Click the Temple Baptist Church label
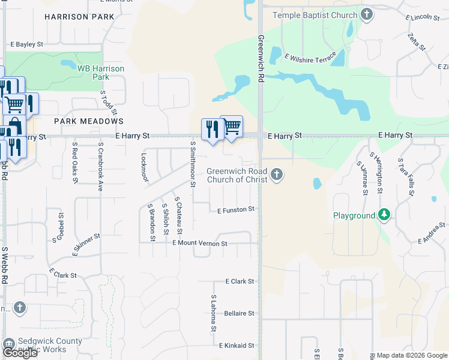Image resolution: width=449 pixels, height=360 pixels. (x=315, y=15)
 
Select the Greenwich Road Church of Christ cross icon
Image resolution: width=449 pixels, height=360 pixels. (x=277, y=175)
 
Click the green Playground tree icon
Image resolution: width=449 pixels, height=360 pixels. (x=384, y=215)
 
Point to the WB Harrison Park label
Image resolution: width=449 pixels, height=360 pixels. (x=101, y=73)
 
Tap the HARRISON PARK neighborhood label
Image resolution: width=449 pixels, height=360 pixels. (x=79, y=17)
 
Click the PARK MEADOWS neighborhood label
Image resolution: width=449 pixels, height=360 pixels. (x=88, y=121)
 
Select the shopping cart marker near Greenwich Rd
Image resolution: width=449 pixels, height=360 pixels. (x=232, y=126)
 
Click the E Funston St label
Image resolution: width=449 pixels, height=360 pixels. (x=236, y=210)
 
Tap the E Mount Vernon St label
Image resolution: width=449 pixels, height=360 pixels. (x=200, y=244)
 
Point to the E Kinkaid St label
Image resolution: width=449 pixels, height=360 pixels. (x=237, y=346)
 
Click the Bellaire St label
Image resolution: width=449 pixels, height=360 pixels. (x=239, y=313)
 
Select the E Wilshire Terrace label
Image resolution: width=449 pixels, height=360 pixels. (x=310, y=57)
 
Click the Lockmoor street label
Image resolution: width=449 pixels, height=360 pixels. (x=144, y=166)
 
